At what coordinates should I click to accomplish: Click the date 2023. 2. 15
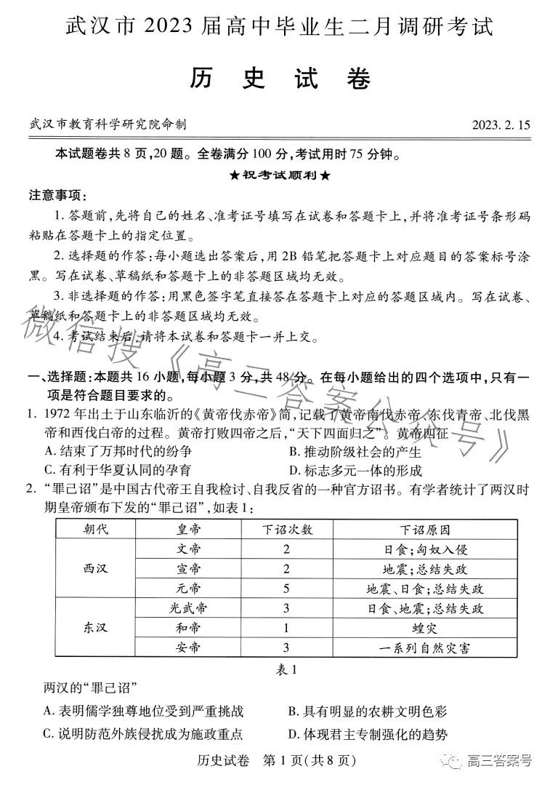[500, 124]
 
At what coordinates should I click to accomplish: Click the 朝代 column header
[97, 529]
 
